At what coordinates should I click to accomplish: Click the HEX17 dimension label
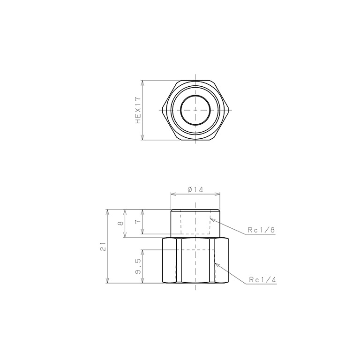(x=138, y=110)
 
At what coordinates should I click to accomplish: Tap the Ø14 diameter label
(x=195, y=190)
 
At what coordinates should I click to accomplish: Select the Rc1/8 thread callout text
(x=261, y=230)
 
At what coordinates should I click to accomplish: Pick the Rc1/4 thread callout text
(x=262, y=280)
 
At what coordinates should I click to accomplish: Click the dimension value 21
(x=103, y=247)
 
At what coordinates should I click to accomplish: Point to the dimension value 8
(x=120, y=223)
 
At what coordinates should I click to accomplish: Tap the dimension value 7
(x=137, y=222)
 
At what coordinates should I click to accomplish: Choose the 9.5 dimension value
(x=138, y=266)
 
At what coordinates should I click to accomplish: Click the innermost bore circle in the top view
(x=195, y=95)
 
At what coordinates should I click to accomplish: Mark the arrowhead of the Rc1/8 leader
(x=212, y=219)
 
